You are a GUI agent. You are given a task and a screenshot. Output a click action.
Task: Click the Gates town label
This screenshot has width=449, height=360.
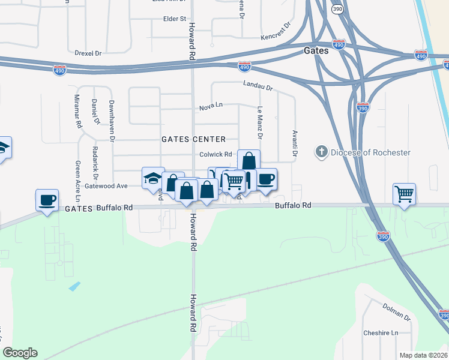(x=316, y=51)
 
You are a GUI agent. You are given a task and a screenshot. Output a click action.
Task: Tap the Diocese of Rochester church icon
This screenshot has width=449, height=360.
(x=322, y=152)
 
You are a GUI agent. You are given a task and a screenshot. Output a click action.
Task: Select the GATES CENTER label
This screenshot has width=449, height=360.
(x=193, y=139)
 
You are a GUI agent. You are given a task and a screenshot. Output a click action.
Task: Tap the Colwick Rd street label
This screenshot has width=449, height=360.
(x=212, y=155)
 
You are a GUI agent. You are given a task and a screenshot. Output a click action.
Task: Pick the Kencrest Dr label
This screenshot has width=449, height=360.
(x=276, y=32)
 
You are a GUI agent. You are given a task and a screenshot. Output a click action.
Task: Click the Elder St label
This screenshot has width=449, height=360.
(x=175, y=19)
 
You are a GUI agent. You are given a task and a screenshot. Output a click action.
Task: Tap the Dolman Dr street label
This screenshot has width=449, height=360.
(x=396, y=311)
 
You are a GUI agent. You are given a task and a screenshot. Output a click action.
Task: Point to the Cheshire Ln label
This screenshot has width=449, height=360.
(x=381, y=333)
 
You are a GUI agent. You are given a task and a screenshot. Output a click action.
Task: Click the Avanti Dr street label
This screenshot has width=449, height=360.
(x=295, y=143)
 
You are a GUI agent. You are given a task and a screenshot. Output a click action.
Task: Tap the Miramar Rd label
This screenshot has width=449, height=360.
(x=77, y=111)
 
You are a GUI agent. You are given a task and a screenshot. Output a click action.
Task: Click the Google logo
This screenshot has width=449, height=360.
(x=20, y=353)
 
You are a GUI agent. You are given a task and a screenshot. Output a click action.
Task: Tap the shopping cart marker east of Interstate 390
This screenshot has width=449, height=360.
(x=405, y=194)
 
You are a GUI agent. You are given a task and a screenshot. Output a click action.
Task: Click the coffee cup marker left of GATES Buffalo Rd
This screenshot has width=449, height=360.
(x=47, y=200)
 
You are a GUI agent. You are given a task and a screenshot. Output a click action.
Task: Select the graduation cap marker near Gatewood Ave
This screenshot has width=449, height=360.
(x=153, y=178)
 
